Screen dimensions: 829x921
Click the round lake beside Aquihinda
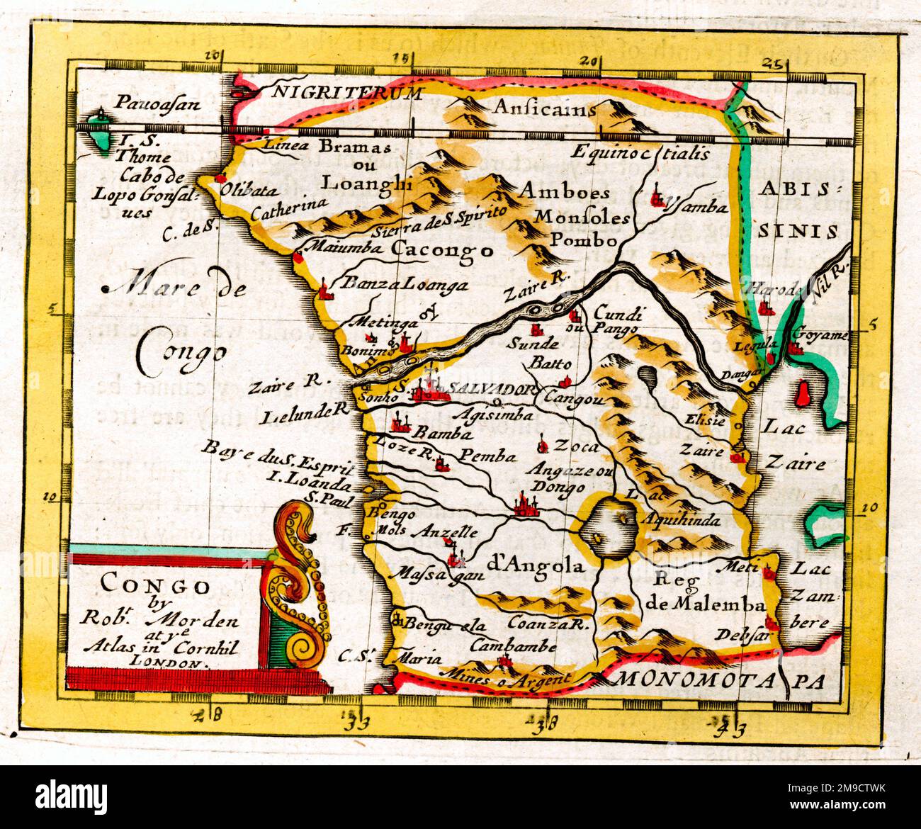coord(606,528)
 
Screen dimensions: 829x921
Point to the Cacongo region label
coord(441,249)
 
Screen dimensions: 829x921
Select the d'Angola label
coord(536,565)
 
